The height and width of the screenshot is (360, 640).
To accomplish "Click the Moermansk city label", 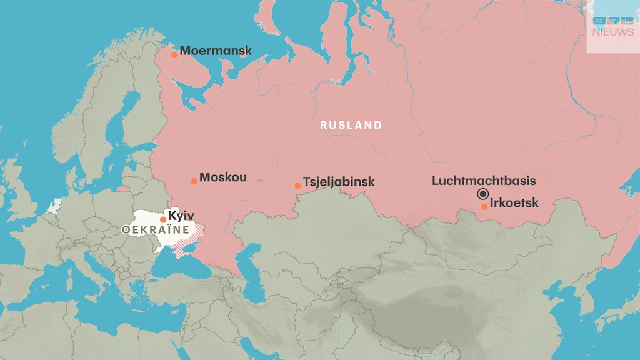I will point(216,51).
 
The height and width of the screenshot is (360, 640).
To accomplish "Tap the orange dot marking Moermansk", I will point(174,54).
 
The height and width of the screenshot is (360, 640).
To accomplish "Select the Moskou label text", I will point(222,177).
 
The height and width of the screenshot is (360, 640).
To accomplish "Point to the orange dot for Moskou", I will point(194,181).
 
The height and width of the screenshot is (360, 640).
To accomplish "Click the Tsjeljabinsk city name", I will point(339,182).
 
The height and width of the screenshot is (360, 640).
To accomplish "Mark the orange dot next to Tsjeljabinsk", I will point(298,186).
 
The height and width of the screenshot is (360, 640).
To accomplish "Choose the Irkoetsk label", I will point(514,203).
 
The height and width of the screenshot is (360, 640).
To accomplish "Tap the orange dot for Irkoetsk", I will point(484,207).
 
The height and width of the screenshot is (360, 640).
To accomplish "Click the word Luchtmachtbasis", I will point(484,181).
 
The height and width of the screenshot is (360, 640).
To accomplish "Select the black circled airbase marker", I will point(482,194).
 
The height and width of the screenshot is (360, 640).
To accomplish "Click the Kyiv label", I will point(181,216).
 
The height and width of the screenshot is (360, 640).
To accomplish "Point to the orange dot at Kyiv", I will point(163,219).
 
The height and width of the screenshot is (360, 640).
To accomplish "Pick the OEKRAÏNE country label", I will point(156,230).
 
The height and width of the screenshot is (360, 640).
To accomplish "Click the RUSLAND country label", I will point(351,125).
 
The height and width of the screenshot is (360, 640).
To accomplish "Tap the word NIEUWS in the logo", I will point(612,32).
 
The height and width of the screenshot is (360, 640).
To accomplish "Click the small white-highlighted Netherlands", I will point(56,205).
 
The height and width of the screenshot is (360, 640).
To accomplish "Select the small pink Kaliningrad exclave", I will point(123,189).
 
